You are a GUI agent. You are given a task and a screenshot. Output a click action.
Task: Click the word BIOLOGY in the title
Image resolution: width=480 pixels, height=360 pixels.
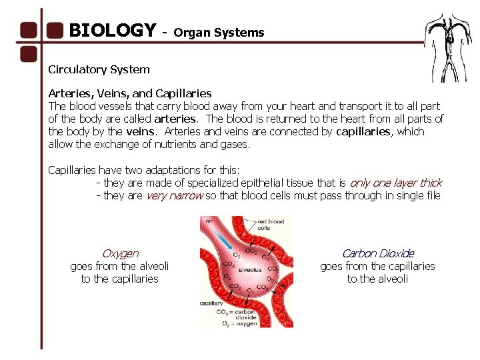pos(112,31)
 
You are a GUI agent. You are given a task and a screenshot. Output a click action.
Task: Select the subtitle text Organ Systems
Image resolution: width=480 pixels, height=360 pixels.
pos(219,33)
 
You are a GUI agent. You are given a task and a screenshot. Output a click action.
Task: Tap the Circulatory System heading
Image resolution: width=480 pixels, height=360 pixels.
pos(99,69)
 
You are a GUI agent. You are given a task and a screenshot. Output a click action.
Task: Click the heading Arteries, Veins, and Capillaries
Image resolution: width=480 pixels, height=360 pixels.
pos(129,93)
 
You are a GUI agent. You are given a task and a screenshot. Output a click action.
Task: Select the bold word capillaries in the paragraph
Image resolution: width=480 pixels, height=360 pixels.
pos(363,131)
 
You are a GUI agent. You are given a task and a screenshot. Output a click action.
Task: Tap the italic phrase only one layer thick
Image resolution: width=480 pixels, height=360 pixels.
pos(395,183)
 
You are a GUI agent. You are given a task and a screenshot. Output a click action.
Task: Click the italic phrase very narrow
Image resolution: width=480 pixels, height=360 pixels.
pos(174,195)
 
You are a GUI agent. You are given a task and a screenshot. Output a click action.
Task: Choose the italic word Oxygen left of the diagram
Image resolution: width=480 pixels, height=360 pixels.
pos(120,253)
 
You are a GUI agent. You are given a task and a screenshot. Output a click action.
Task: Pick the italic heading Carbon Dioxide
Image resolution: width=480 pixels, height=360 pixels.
pos(377,253)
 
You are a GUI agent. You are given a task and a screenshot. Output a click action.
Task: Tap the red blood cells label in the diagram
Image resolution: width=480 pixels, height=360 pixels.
pos(272,225)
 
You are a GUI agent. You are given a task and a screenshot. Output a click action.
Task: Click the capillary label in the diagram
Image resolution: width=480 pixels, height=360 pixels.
pos(212,303)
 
